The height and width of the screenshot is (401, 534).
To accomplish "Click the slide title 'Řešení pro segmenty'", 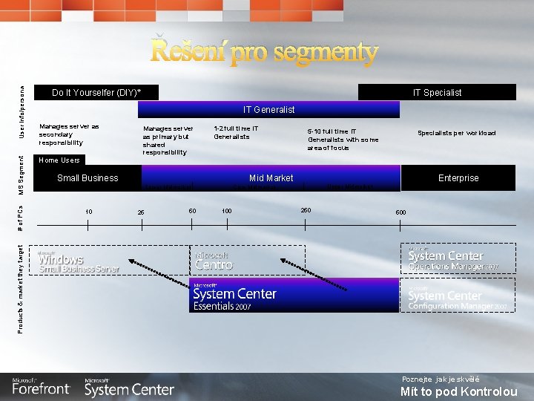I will coord(265,52).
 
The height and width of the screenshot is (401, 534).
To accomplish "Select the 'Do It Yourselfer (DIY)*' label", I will coord(96,93).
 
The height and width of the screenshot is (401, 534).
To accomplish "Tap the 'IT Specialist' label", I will coord(437,93).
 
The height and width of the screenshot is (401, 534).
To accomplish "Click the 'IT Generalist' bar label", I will coord(268,110).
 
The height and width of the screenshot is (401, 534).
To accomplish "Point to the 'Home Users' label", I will coord(59,160).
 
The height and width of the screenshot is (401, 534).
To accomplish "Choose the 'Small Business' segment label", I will coord(88,178).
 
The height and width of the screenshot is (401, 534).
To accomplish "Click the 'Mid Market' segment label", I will coord(271,178).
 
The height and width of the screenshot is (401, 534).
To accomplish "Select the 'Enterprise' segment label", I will coord(458,178).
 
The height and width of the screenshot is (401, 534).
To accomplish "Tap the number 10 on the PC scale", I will coord(88,212).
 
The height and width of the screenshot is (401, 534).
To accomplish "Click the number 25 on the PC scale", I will coord(141,213).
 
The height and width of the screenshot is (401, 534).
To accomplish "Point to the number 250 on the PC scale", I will coord(306,210).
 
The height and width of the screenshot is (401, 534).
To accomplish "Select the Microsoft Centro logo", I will coord(214,261).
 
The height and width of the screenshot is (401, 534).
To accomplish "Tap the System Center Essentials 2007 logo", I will coord(234,296).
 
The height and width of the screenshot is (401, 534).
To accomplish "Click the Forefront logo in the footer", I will coord(41,387).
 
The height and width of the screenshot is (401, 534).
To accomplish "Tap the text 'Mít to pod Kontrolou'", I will coord(458,391).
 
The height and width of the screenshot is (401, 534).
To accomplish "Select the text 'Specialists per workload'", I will coord(456,134).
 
